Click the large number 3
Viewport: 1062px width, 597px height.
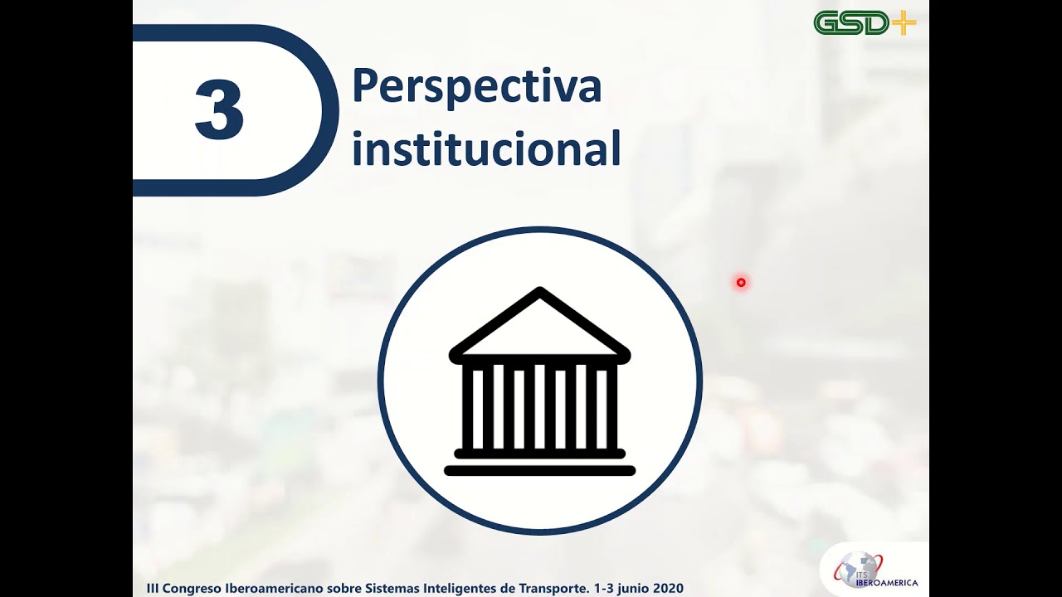click(219, 110)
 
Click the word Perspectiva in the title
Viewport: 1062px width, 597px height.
click(476, 86)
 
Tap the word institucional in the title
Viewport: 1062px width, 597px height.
click(485, 149)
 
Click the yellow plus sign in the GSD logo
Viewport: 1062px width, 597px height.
click(904, 22)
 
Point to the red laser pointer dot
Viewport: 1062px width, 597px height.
click(741, 283)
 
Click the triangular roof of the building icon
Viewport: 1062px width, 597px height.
click(539, 325)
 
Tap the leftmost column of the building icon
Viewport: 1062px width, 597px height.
click(478, 406)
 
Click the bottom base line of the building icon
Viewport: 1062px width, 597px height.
click(539, 471)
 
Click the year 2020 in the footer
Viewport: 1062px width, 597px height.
click(668, 588)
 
